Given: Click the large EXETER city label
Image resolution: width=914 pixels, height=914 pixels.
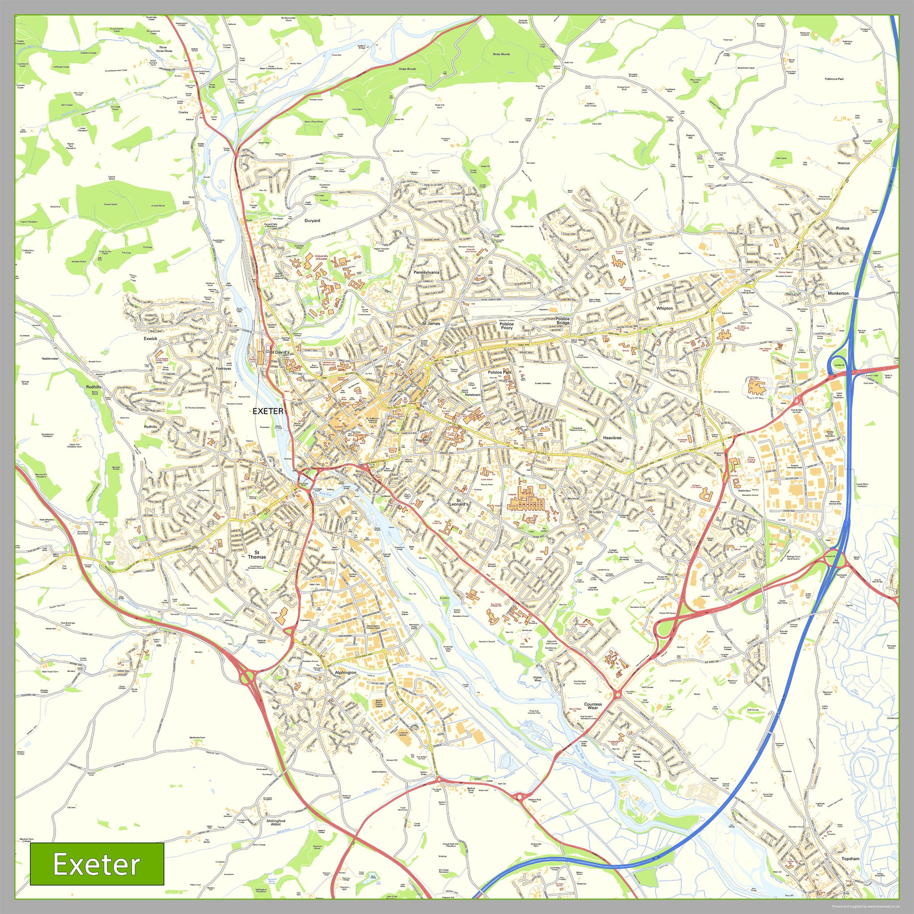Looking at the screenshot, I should pyautogui.click(x=268, y=411).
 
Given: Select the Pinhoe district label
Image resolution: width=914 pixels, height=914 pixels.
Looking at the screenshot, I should pyautogui.click(x=842, y=228).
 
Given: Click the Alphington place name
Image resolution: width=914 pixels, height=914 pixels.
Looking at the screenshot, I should pyautogui.click(x=345, y=672).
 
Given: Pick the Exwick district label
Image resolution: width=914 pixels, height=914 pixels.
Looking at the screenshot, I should pyautogui.click(x=150, y=339).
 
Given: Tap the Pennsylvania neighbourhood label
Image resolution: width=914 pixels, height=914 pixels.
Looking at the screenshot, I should pyautogui.click(x=426, y=272).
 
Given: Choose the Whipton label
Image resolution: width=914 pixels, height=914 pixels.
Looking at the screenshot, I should pyautogui.click(x=664, y=308).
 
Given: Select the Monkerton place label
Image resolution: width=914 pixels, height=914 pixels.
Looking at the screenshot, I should pyautogui.click(x=838, y=293).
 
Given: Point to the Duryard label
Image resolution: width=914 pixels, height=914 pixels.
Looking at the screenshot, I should pyautogui.click(x=312, y=220).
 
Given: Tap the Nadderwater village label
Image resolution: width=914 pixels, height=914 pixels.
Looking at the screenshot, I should pyautogui.click(x=50, y=359).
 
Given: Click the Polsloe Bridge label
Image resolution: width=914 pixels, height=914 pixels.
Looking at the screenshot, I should pyautogui.click(x=563, y=321).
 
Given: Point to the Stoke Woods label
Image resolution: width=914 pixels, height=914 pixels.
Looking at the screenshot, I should pyautogui.click(x=501, y=55).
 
